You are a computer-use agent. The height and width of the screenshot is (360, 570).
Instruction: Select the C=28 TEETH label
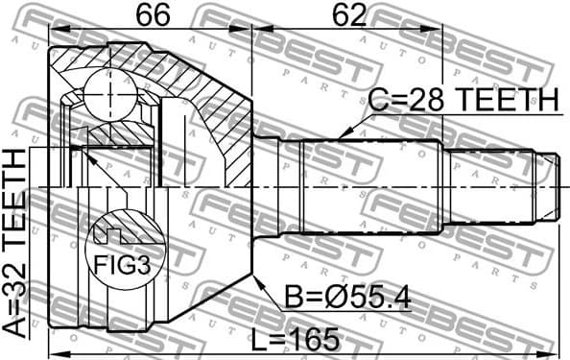[463, 100]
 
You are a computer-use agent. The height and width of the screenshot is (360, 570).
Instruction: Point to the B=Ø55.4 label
[347, 298]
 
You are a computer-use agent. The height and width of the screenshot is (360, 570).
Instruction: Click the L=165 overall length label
[297, 338]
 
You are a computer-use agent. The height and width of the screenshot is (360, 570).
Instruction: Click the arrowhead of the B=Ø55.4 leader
[256, 277]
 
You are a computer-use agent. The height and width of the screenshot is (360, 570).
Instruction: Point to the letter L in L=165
[258, 338]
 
